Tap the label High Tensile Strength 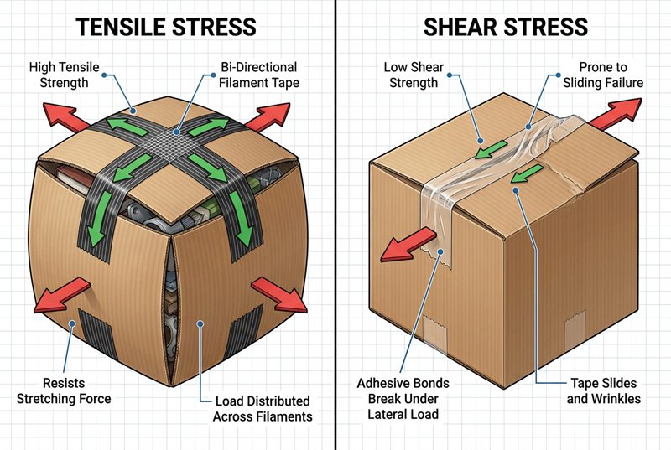click(60, 75)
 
